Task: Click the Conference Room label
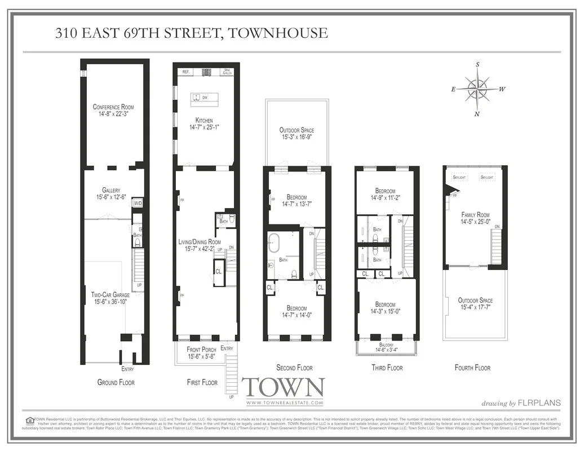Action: (113, 107)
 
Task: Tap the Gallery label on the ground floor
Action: (111, 190)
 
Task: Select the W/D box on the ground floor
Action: (138, 203)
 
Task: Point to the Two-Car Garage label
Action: (110, 294)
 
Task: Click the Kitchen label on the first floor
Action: (203, 120)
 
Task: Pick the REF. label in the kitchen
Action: (185, 72)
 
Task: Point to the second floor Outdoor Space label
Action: (297, 130)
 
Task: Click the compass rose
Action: (477, 89)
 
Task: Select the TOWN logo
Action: (283, 388)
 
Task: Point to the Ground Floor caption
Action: (116, 382)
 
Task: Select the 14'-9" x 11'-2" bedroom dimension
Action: (386, 198)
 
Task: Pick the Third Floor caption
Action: (387, 368)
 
